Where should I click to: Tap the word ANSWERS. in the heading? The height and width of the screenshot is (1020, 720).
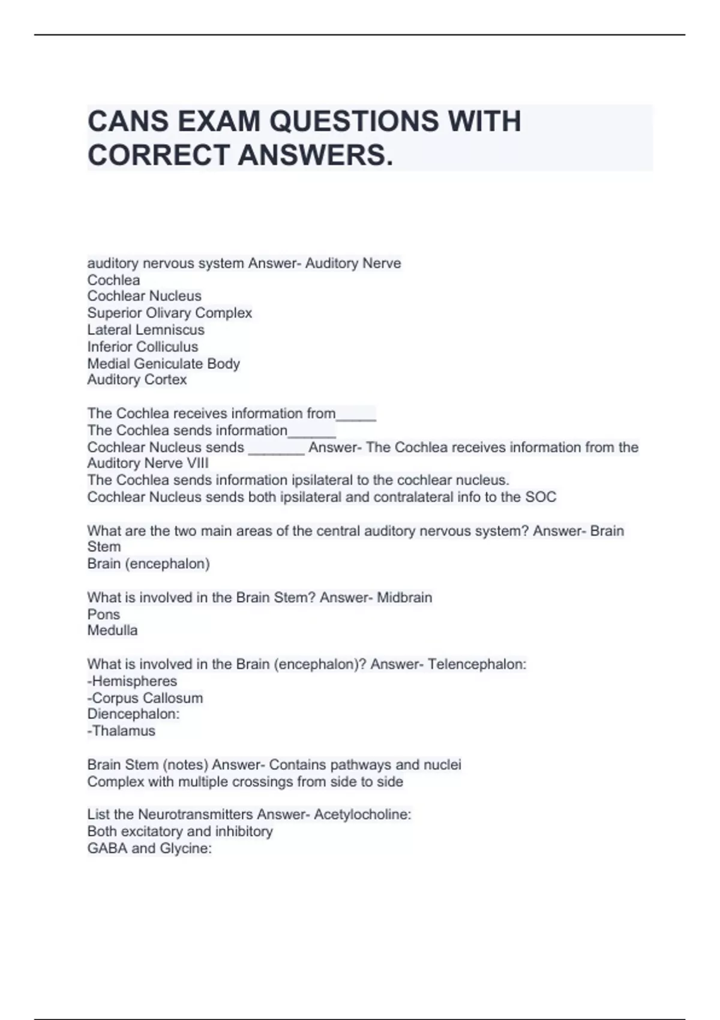316,155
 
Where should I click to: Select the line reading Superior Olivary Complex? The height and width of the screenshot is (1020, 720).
169,313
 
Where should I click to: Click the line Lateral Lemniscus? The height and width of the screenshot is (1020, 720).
146,330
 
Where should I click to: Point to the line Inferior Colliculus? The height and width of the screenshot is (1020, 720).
142,347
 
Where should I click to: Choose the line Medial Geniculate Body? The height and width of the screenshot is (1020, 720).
163,364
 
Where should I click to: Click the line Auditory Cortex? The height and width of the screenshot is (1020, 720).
137,380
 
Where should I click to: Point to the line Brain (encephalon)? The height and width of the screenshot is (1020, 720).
148,564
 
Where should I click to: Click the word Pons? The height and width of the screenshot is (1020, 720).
103,614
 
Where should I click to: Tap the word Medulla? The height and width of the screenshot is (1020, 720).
112,631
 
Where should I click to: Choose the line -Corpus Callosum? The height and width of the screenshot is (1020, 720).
145,698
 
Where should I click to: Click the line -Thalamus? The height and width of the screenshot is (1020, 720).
121,731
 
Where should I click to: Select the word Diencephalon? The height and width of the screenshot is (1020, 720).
133,714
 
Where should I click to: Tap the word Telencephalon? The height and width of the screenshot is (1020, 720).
477,664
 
